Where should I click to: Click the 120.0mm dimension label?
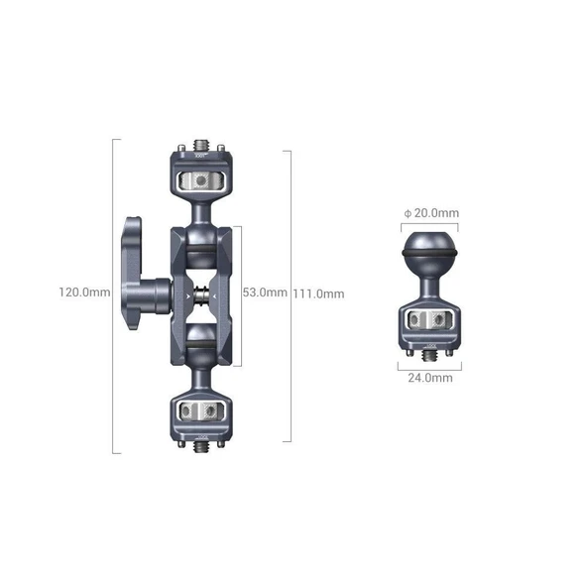coord(83,293)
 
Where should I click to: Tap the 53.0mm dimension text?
coord(264,293)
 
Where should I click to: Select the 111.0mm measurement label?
coord(318,293)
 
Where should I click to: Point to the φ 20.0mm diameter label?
coord(430,212)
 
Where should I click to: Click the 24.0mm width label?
coord(430,378)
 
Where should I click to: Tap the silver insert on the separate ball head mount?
coord(430,319)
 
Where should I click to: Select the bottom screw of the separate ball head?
coord(430,354)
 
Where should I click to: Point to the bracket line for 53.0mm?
coord(238,293)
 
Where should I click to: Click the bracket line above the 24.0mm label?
coord(430,365)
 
